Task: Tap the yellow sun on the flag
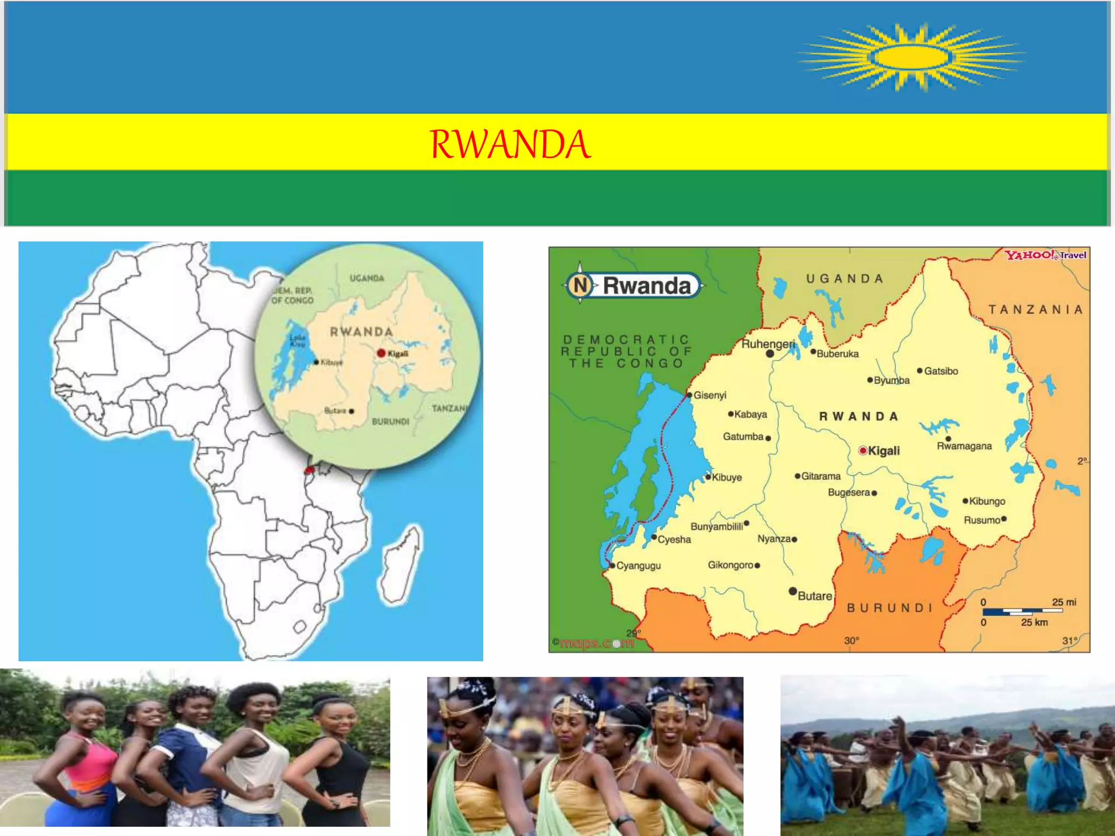(x=910, y=57)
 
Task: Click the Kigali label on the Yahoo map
(x=883, y=451)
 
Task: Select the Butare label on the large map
(x=814, y=596)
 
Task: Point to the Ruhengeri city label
(x=768, y=344)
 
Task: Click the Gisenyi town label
(x=709, y=395)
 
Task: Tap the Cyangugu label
(x=638, y=565)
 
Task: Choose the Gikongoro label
(x=730, y=565)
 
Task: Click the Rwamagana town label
(x=964, y=446)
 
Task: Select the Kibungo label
(x=987, y=501)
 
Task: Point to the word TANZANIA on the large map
(x=1036, y=310)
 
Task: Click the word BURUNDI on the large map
(x=890, y=608)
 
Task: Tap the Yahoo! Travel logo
(x=1045, y=255)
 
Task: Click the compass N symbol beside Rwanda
(x=580, y=285)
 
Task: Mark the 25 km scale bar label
(x=1034, y=622)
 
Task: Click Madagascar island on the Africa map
(x=402, y=566)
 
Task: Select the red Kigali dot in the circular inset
(x=381, y=353)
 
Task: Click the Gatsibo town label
(x=940, y=371)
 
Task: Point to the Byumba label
(x=891, y=380)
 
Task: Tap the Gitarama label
(x=820, y=476)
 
